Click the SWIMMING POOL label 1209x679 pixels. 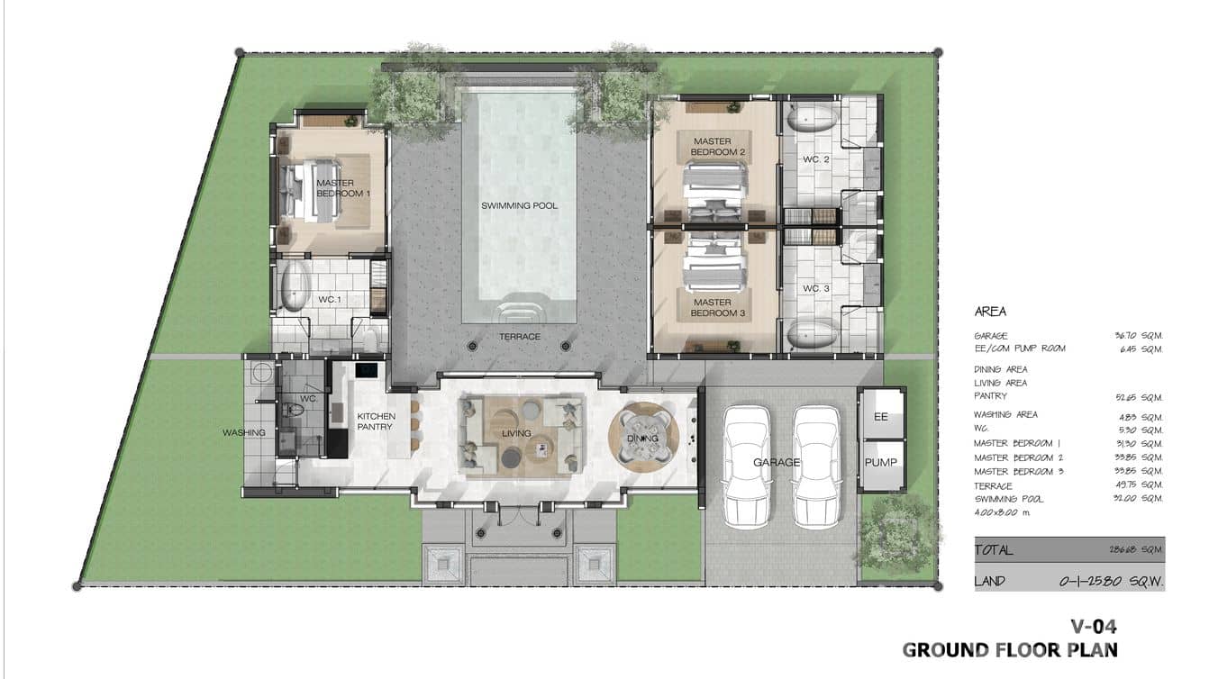click(x=519, y=206)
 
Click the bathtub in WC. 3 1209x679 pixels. click(x=812, y=335)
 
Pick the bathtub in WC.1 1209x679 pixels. click(x=294, y=287)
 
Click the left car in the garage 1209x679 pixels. click(x=747, y=466)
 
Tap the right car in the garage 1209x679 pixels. click(x=816, y=466)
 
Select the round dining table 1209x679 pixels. click(x=643, y=438)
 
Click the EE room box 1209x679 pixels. click(x=881, y=416)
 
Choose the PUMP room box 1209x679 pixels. click(x=881, y=463)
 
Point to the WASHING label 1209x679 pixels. click(x=244, y=433)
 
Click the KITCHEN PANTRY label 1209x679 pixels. click(x=376, y=421)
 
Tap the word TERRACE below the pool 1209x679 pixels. click(x=520, y=337)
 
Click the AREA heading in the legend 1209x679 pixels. click(x=990, y=312)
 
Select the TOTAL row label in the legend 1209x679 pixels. click(x=994, y=549)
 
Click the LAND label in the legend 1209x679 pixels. click(x=989, y=581)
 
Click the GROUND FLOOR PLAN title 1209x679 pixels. click(x=1009, y=650)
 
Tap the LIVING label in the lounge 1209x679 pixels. click(x=516, y=434)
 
